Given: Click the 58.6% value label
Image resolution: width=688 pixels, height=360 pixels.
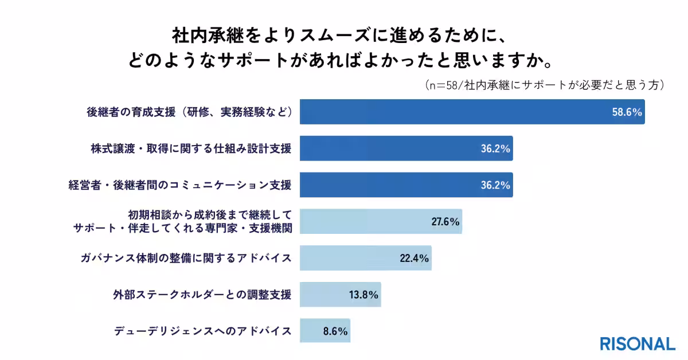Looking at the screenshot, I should pos(626,112).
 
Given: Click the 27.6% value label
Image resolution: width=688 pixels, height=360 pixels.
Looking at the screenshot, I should pos(445,222).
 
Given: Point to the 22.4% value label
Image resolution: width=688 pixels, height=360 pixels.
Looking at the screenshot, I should pos(415,258).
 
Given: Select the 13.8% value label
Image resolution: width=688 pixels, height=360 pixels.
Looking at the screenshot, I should pos(363,295).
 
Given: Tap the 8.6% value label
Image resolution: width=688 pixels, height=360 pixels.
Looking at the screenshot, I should pos(334,331).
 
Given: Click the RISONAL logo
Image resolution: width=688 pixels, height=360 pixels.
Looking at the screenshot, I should pos(637,343).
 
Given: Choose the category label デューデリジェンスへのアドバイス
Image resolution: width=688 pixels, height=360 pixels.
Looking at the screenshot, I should pos(203,331).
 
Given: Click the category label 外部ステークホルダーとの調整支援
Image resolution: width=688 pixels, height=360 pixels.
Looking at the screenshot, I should pos(202,295).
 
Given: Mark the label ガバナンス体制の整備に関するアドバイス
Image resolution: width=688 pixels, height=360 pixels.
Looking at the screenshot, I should pos(186,258).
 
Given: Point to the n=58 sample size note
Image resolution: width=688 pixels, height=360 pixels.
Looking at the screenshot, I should pos(545,85).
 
